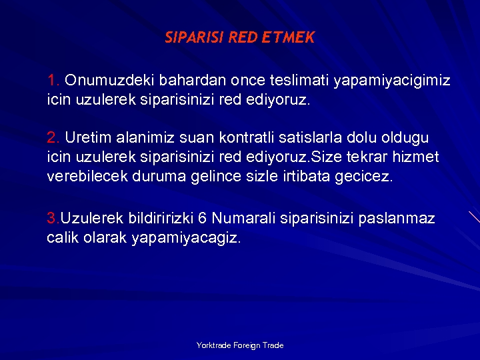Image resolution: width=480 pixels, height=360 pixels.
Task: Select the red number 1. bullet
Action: click(x=53, y=81)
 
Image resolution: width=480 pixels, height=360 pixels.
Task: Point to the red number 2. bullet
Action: click(x=53, y=138)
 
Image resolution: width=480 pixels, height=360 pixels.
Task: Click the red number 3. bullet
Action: click(x=53, y=219)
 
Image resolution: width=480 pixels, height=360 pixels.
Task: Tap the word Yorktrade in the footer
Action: click(x=213, y=345)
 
